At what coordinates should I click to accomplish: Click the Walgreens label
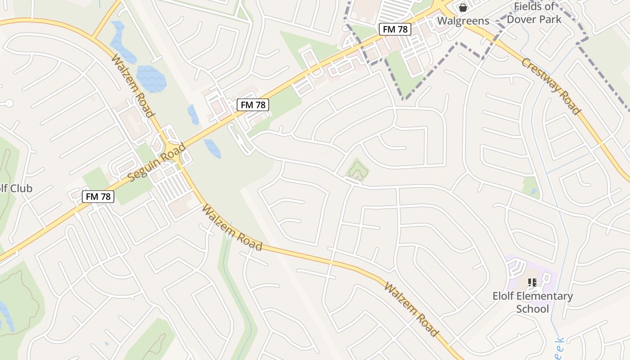[x=463, y=21]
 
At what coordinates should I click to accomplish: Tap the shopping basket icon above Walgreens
[x=463, y=8]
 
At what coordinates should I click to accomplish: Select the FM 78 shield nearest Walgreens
[x=395, y=29]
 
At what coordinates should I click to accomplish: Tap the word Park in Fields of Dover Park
[x=550, y=19]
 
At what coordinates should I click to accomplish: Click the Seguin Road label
[x=156, y=163]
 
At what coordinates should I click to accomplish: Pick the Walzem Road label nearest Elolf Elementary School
[x=410, y=309]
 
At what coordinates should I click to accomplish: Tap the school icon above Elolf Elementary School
[x=532, y=283]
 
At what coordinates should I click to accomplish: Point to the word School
[x=532, y=309]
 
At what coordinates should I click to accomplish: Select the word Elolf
[x=504, y=296]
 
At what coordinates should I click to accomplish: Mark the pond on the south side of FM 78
[x=212, y=148]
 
